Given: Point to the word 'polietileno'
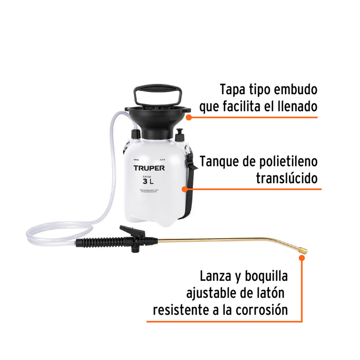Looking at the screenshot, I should click(285, 161).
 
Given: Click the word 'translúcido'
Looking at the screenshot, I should click(287, 178).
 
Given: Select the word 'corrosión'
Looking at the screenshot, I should click(261, 310).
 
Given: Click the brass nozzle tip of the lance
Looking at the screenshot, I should click(303, 250).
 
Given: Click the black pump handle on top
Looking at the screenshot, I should click(154, 94).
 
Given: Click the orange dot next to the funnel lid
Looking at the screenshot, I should click(189, 117).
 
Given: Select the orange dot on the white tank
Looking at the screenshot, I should click(185, 189).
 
